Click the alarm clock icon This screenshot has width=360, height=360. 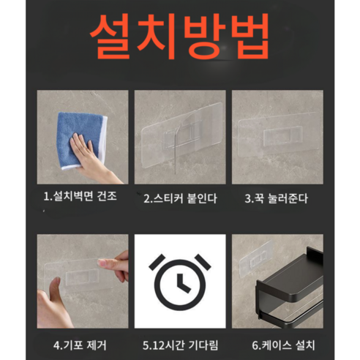(179, 281)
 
